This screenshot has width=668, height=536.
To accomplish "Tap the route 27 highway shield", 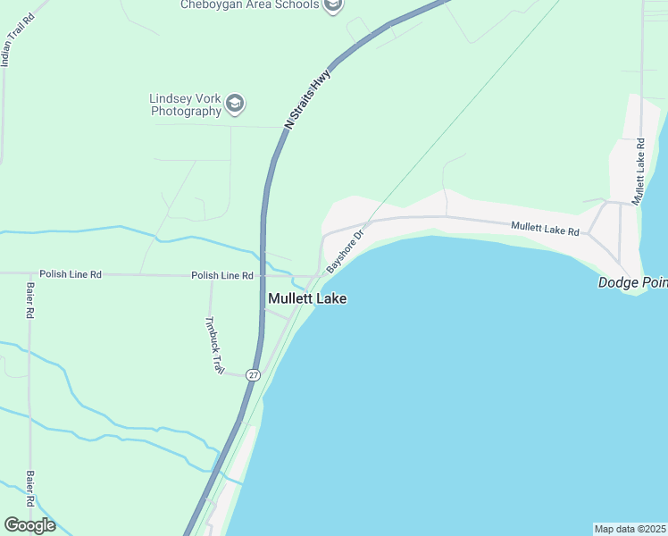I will (x=254, y=375).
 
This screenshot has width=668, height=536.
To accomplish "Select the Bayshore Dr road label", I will (x=346, y=252).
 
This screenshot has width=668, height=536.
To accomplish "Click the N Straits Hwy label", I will (x=307, y=99).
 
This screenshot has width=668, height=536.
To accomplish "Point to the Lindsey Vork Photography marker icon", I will (x=235, y=104).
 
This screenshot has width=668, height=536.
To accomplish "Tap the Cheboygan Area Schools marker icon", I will (x=333, y=5).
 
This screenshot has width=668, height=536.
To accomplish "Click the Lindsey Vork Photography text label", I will (x=186, y=105).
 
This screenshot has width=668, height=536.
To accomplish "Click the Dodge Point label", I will (x=631, y=282).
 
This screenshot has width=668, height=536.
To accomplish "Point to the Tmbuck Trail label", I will (x=214, y=345).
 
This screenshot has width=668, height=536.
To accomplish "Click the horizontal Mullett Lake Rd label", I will (x=545, y=230).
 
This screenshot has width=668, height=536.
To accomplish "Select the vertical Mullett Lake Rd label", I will (x=639, y=172).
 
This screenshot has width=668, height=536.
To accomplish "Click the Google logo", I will (x=29, y=525).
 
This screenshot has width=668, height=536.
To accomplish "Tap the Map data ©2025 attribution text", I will (x=630, y=529).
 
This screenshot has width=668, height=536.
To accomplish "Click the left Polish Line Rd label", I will (x=71, y=274).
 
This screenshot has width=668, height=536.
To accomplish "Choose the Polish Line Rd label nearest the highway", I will (x=222, y=275).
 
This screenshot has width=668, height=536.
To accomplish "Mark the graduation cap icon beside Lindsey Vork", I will (x=235, y=104).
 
